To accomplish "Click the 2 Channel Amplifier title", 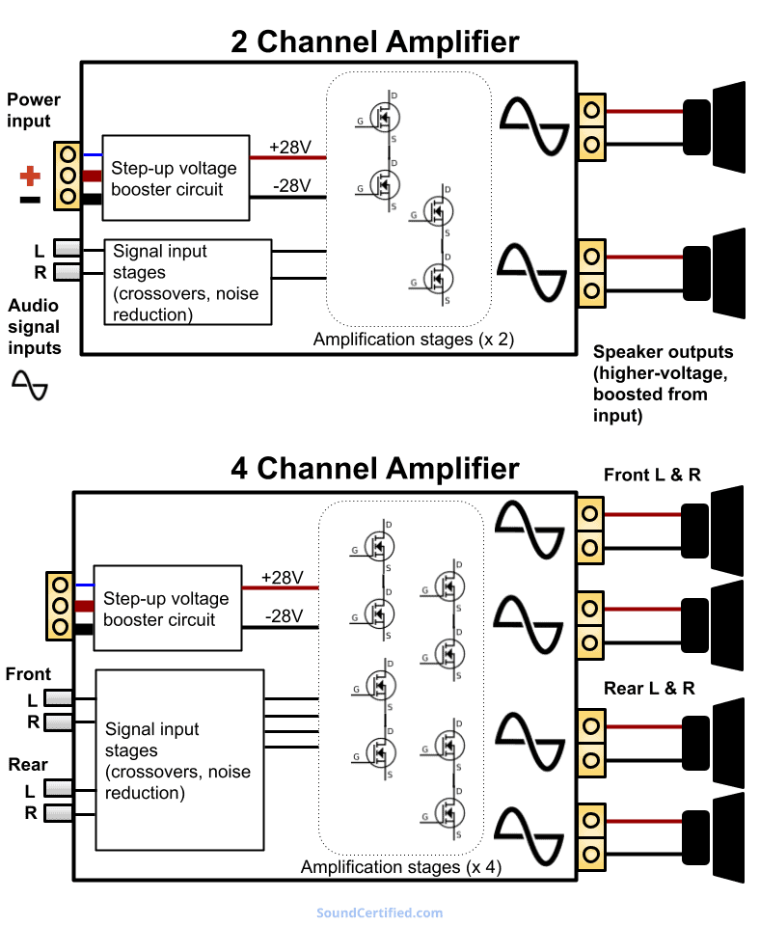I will pos(374,41).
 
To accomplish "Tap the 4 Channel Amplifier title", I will pos(374,469).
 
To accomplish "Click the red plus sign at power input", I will pos(31,176).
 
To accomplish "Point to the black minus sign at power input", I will pos(30,201).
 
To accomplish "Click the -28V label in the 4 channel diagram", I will pos(284,616).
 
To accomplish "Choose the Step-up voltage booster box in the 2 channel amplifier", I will pos(176,178).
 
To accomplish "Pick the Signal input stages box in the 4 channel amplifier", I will pos(179,759).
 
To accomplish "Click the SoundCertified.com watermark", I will pos(379,912).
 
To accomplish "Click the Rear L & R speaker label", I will pos(649,689).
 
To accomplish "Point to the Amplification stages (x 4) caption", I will pos(401,867).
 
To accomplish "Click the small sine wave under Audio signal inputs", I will pos(30,386).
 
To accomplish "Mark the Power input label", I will pos(33,110).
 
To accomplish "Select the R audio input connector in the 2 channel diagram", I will pos(67,273).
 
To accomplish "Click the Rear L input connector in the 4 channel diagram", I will pos(59,791).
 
